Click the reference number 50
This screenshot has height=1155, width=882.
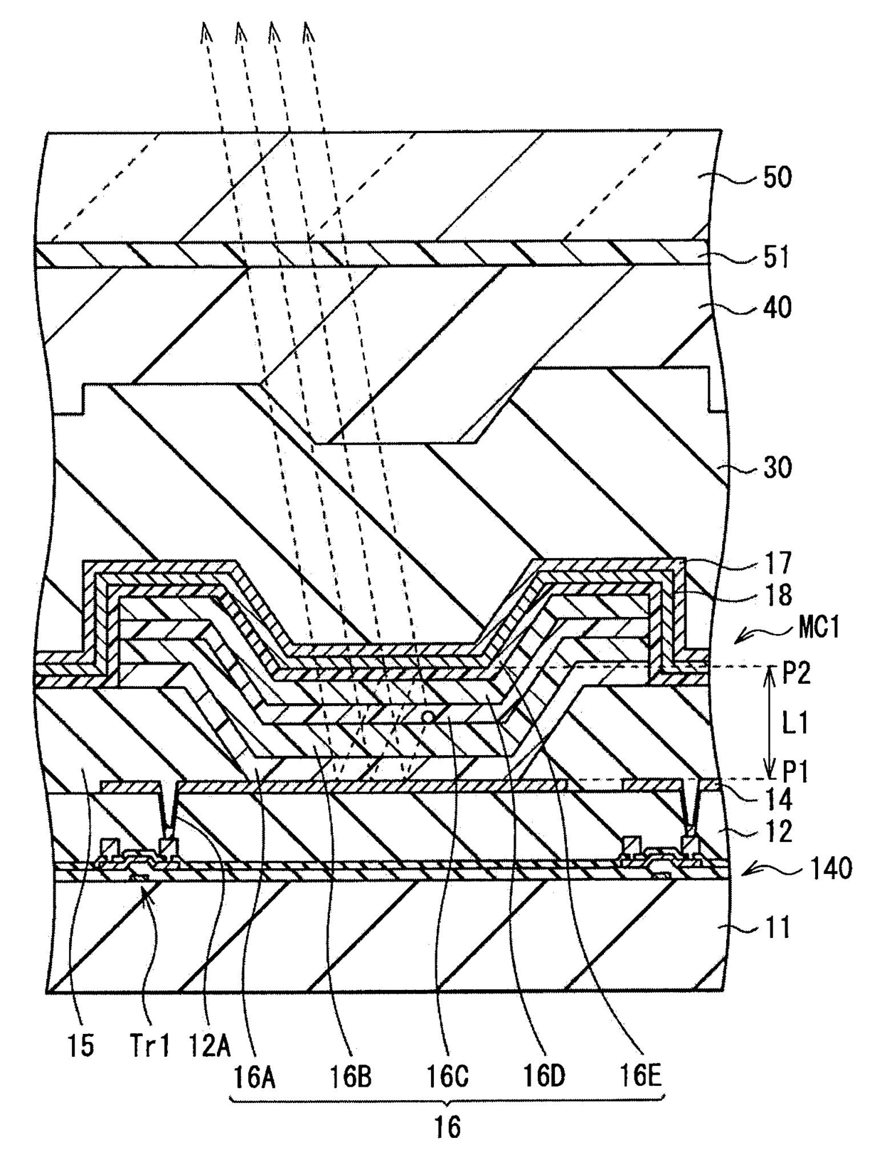[x=777, y=177]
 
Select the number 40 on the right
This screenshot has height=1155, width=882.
[x=777, y=308]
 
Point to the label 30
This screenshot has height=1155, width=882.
[x=777, y=469]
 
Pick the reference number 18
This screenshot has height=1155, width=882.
[x=777, y=594]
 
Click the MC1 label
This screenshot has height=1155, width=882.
[x=818, y=628]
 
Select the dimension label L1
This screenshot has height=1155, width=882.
[x=795, y=724]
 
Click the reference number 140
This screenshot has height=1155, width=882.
[x=829, y=868]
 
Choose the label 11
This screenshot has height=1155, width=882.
[x=776, y=928]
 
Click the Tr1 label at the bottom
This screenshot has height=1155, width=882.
[x=149, y=1045]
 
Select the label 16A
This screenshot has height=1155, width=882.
[x=255, y=1077]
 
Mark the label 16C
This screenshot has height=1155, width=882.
[x=447, y=1077]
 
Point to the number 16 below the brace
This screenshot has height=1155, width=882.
[x=447, y=1127]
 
